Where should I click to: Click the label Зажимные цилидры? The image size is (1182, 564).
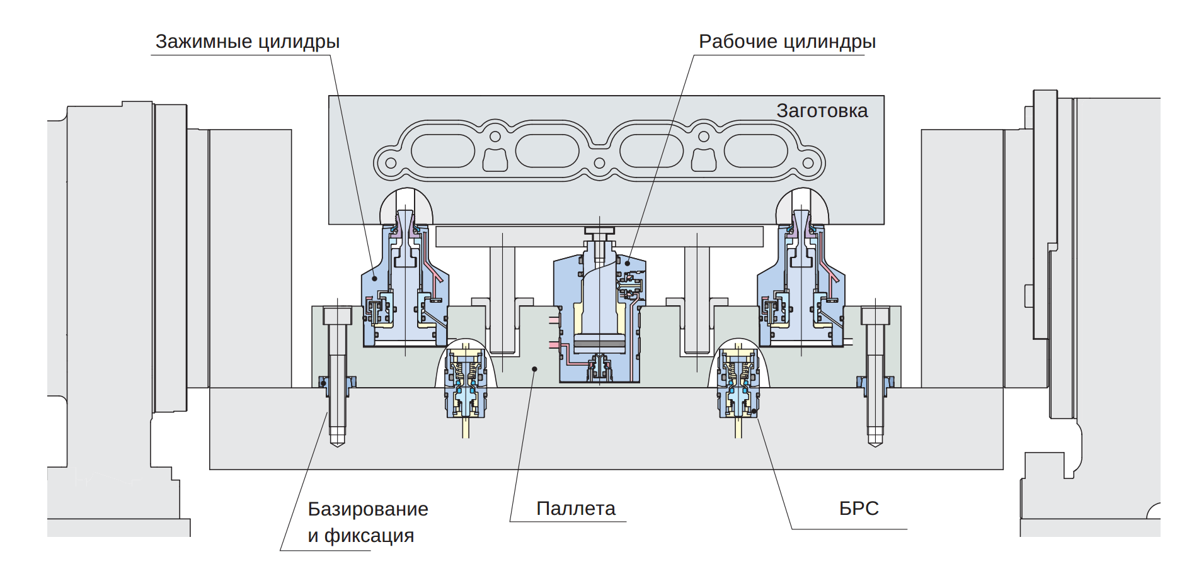coord(248,42)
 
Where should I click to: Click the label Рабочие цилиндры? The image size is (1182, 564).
coord(787,42)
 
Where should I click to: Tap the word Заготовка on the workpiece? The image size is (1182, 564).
coord(822,111)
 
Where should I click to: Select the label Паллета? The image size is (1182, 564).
coord(575,509)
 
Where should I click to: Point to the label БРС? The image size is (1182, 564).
coord(859,509)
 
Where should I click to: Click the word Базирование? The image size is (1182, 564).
coord(368,509)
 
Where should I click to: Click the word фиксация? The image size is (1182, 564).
coord(369,536)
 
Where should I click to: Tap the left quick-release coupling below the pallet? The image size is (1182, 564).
coord(466,384)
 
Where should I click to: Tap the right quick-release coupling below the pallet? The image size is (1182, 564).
coord(738,384)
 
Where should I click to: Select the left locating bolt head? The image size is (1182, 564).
coord(337,315)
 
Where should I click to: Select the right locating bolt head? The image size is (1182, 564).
coord(875,315)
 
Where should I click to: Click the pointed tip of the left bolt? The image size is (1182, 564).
coord(338,443)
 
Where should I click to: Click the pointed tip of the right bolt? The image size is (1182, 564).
coord(875,443)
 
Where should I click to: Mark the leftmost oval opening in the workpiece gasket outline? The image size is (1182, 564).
coord(442,151)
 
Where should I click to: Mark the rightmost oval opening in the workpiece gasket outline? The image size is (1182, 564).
coord(755,151)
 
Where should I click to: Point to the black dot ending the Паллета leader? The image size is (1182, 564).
coord(534,369)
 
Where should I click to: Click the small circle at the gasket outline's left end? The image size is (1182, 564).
coord(391,163)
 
